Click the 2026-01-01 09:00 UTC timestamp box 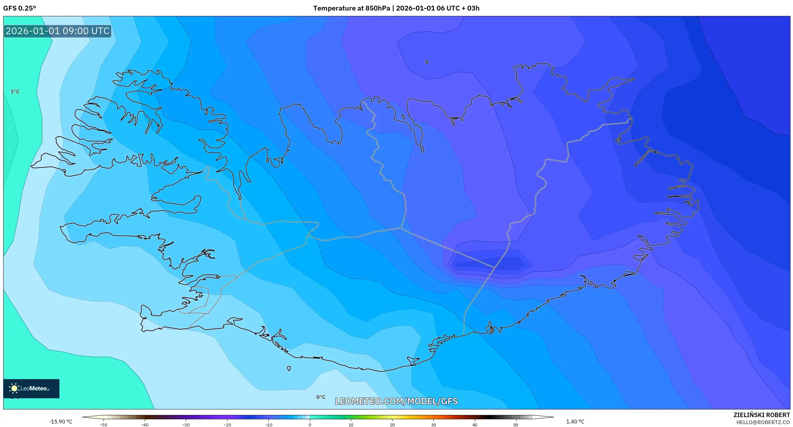[x=57, y=31]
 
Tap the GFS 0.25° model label [x=19, y=8]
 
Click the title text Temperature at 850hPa [x=351, y=8]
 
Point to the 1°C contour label [x=15, y=92]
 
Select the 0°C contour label [x=321, y=397]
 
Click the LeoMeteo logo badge [x=31, y=388]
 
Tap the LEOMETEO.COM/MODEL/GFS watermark [x=396, y=401]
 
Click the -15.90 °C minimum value [x=60, y=422]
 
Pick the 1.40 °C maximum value [x=575, y=422]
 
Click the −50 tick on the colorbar [x=103, y=425]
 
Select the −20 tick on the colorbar [x=227, y=425]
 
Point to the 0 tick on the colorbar [x=309, y=425]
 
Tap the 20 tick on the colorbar [x=392, y=425]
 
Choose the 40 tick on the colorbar [x=475, y=425]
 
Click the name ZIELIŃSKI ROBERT [x=761, y=415]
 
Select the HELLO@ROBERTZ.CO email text [x=763, y=422]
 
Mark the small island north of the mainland [x=427, y=62]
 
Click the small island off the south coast [x=289, y=369]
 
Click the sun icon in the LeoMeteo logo [x=14, y=388]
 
